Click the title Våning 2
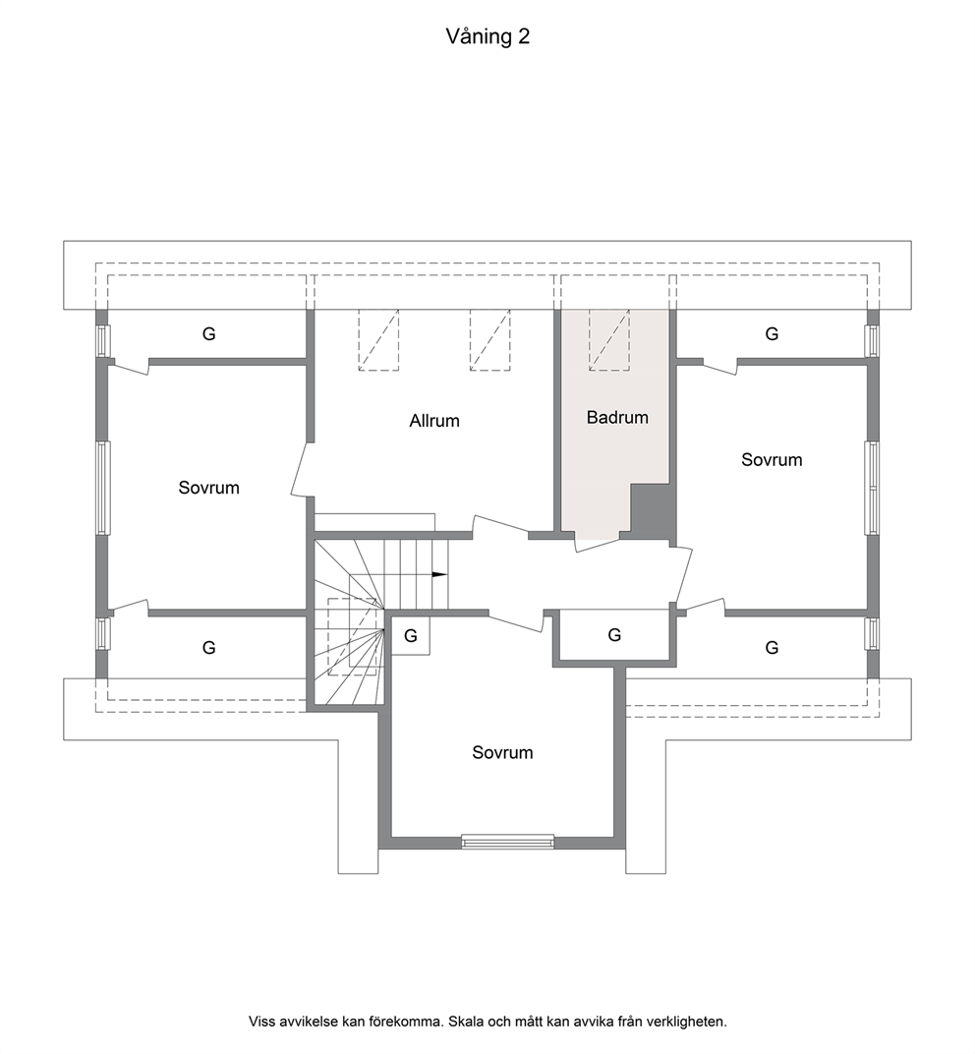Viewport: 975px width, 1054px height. [487, 36]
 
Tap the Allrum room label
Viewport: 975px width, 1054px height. [434, 421]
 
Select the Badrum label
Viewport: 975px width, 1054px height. [617, 418]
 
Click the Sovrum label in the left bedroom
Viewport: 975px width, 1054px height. [209, 488]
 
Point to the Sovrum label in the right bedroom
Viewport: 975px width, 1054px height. [772, 460]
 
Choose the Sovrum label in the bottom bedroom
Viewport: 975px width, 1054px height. [502, 752]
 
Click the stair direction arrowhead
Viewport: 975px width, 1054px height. [438, 575]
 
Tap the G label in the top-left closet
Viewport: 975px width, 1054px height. [209, 333]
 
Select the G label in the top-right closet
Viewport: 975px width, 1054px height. [773, 333]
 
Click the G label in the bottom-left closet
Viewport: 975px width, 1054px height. [209, 647]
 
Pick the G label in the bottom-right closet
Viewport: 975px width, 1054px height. [773, 647]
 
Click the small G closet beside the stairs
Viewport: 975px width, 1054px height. [411, 635]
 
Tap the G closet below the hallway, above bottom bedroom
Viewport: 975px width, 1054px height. [614, 635]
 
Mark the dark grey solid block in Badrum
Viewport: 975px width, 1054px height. [649, 510]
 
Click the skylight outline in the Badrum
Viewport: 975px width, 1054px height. [609, 340]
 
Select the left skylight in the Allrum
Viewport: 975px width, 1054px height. [378, 340]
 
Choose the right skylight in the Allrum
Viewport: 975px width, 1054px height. [490, 340]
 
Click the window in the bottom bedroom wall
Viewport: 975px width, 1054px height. [508, 842]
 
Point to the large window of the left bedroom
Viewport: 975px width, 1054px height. [103, 488]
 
